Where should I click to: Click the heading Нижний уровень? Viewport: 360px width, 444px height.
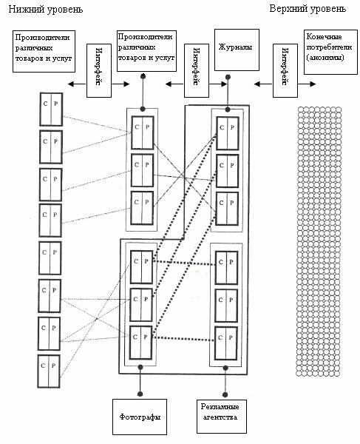(x=46, y=10)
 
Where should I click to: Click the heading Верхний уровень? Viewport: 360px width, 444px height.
(x=308, y=9)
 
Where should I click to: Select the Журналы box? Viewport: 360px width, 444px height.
(x=237, y=50)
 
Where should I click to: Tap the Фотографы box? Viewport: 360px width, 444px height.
(x=140, y=417)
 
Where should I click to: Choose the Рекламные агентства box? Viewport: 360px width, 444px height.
(x=222, y=416)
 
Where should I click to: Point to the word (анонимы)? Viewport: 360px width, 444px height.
(x=325, y=58)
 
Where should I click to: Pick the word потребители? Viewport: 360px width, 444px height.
(x=329, y=47)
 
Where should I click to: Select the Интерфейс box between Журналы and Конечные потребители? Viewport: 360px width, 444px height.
(x=285, y=70)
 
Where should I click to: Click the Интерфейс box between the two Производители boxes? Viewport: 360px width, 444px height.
(x=99, y=70)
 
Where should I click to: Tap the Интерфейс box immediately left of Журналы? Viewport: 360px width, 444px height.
(x=197, y=70)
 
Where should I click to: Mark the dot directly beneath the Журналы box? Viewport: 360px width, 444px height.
(x=228, y=77)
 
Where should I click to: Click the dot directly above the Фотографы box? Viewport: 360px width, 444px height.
(x=140, y=394)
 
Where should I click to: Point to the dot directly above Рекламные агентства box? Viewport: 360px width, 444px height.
(x=225, y=394)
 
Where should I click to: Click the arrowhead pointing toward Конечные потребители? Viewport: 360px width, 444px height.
(x=313, y=84)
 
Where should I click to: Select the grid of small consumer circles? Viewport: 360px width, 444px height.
(x=319, y=241)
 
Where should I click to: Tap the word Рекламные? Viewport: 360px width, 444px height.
(x=220, y=407)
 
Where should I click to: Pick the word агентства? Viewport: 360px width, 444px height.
(x=220, y=417)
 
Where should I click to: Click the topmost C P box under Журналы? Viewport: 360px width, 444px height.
(x=228, y=133)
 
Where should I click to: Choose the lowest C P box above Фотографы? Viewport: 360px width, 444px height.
(x=141, y=343)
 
